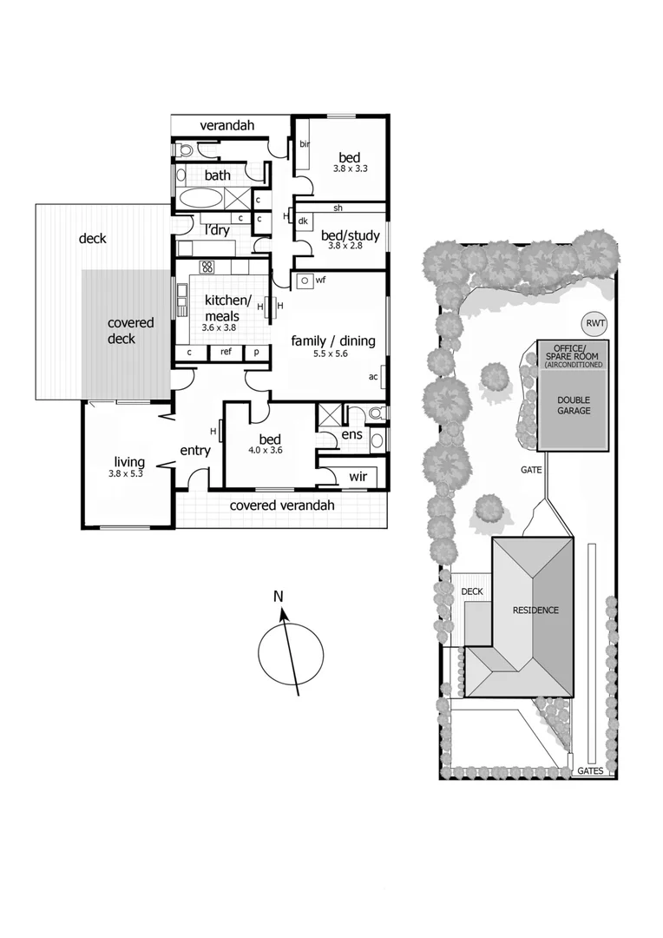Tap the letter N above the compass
coord(279,596)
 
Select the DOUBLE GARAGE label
coord(574,405)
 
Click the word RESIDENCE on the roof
coord(535,610)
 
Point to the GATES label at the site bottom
coord(591,770)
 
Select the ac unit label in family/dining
coord(373,377)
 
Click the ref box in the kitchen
coord(226,353)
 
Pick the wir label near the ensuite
coord(358,477)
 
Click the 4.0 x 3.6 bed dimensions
coord(265,450)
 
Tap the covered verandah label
coord(282,505)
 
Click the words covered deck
coord(130,330)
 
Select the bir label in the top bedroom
coord(304,144)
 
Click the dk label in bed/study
coord(303,221)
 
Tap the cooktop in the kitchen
coord(207,267)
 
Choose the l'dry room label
coord(217,230)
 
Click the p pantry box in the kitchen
coord(256,353)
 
